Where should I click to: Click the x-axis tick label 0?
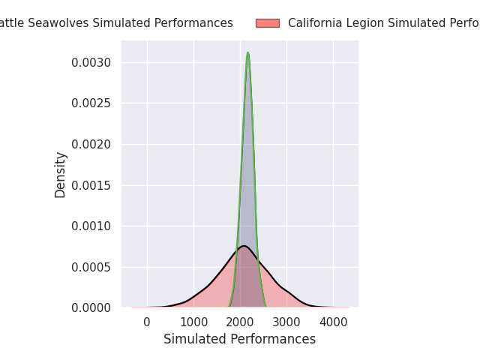point(147,322)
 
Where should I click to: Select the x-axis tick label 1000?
point(193,322)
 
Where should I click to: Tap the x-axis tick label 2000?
point(241,322)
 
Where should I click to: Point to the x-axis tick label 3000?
point(287,322)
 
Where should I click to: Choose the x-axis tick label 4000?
point(334,322)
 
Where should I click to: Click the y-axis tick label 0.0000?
point(92,307)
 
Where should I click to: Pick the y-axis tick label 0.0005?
point(92,267)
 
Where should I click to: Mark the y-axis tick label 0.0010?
point(92,226)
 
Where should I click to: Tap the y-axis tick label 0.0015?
point(92,185)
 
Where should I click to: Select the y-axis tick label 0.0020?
point(92,144)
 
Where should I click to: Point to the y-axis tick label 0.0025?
point(92,103)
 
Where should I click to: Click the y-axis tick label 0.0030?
point(92,62)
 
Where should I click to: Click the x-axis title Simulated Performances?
point(240,339)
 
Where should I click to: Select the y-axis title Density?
point(61,175)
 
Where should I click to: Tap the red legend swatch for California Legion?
point(267,23)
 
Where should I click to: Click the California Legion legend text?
point(383,23)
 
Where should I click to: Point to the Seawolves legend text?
point(116,23)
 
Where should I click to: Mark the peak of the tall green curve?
point(247,52)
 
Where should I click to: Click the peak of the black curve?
point(244,246)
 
